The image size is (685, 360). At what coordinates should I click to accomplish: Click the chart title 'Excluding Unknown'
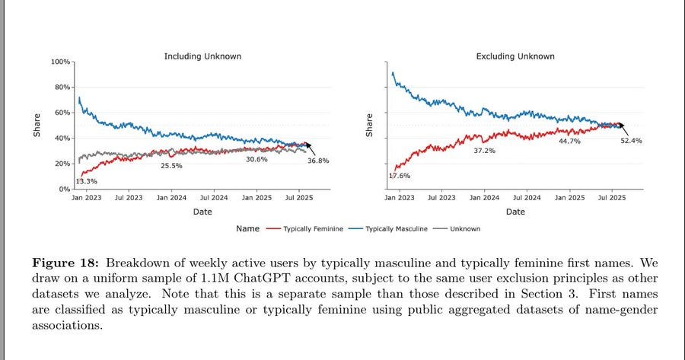pyautogui.click(x=515, y=56)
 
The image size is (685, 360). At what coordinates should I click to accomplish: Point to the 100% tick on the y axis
pyautogui.click(x=61, y=62)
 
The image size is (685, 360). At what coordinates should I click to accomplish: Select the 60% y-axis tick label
pyautogui.click(x=62, y=113)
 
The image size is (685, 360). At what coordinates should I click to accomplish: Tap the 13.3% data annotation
pyautogui.click(x=86, y=181)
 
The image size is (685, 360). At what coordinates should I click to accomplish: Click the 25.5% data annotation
pyautogui.click(x=171, y=165)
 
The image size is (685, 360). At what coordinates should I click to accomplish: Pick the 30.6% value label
pyautogui.click(x=256, y=159)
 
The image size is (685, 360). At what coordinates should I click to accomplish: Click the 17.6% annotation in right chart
pyautogui.click(x=400, y=176)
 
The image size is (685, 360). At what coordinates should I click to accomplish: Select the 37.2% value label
pyautogui.click(x=484, y=151)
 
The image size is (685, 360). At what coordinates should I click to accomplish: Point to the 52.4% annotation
pyautogui.click(x=630, y=141)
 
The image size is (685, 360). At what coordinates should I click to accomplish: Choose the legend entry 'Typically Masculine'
pyautogui.click(x=396, y=228)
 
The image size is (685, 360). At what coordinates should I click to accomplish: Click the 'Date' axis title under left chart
pyautogui.click(x=202, y=212)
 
